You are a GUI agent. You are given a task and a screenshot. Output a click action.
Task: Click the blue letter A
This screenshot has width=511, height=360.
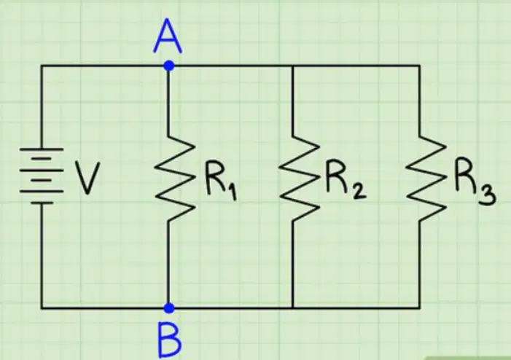[168, 36]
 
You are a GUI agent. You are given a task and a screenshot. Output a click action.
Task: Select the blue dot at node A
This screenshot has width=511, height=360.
[168, 66]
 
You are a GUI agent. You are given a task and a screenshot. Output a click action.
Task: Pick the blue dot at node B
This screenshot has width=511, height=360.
[168, 308]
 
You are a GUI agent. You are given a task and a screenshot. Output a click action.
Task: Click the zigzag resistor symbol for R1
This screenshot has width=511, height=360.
[174, 178]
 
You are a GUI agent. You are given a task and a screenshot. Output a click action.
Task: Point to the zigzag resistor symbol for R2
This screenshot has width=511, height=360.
[299, 178]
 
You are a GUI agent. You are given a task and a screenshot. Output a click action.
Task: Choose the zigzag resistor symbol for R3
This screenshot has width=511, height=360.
[426, 178]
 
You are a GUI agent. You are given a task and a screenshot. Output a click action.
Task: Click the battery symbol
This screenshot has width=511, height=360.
[42, 176]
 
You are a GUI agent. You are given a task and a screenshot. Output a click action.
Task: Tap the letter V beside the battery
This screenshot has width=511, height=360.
[87, 179]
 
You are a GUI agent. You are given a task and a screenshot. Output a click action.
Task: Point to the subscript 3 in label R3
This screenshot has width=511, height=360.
[487, 195]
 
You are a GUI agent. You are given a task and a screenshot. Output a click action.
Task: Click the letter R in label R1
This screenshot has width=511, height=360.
[214, 176]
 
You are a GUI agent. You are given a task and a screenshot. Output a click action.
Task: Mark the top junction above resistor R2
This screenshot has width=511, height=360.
[292, 66]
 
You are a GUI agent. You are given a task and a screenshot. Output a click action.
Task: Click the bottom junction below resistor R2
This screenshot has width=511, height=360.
[292, 308]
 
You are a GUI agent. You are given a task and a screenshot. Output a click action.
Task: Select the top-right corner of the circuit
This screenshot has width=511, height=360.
[419, 66]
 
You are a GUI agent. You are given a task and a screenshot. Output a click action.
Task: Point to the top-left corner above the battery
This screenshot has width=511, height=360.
[42, 66]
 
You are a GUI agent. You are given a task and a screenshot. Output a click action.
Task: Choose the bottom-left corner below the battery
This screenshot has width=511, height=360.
[42, 308]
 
